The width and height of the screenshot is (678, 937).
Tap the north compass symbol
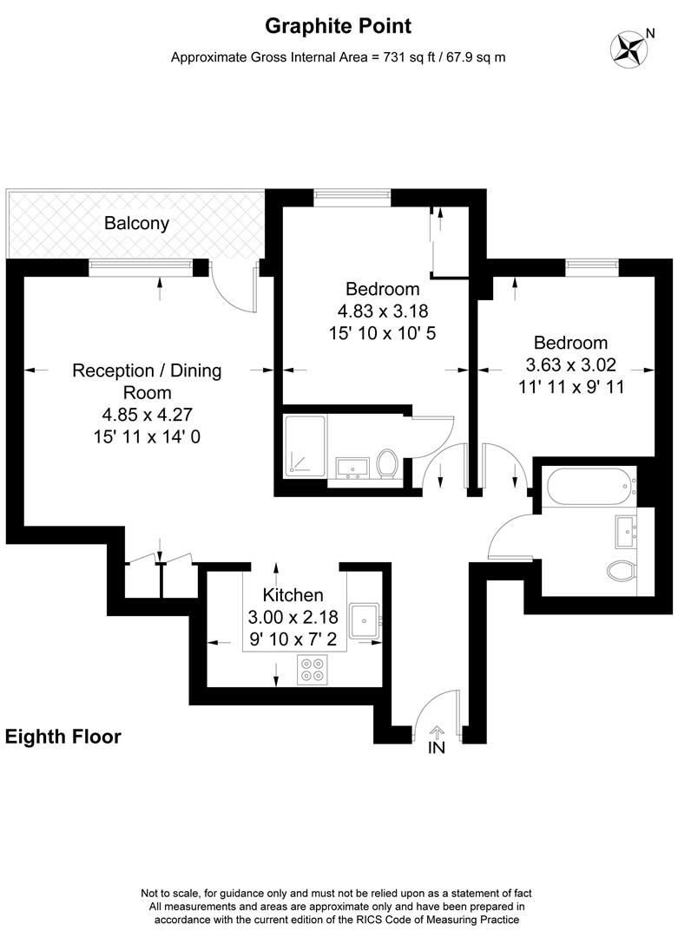[632, 48]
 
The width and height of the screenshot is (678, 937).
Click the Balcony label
[136, 223]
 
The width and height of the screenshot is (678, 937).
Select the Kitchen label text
[293, 595]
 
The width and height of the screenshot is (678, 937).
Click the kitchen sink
[365, 619]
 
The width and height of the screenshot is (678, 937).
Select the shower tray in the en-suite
[305, 446]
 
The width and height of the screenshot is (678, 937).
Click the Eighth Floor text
[63, 737]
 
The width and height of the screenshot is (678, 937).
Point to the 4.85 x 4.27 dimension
[147, 416]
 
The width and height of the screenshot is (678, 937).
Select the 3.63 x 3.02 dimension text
[570, 365]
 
